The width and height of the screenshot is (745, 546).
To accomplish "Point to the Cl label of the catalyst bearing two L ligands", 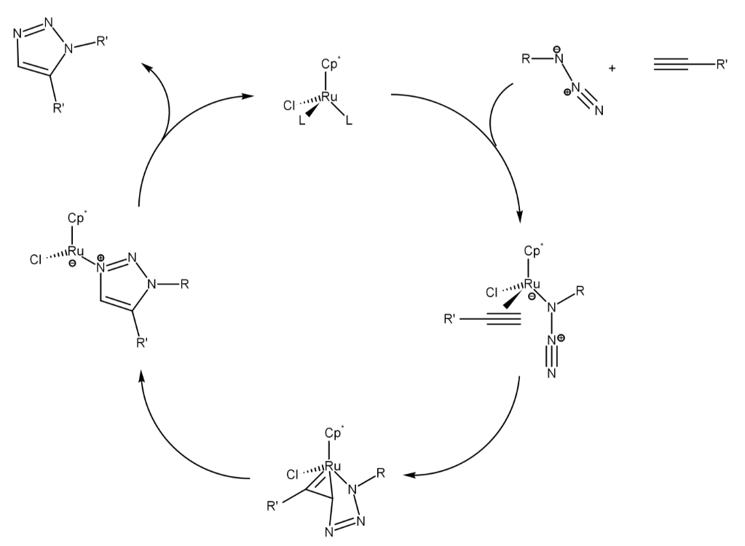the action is [288, 106].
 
